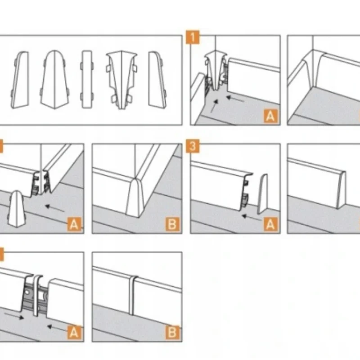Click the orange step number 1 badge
click(193, 37)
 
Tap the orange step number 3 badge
click(193, 146)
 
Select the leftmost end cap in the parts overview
click(20, 80)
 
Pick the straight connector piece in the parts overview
click(87, 80)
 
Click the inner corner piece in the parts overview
click(121, 80)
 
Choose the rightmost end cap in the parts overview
click(157, 80)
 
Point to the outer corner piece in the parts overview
click(54, 80)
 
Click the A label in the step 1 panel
click(270, 116)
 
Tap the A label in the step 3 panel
click(270, 224)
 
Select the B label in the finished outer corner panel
click(172, 224)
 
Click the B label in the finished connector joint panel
click(172, 333)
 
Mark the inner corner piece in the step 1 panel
click(215, 71)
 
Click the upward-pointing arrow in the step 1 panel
click(214, 106)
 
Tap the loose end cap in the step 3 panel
click(262, 194)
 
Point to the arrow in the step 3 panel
click(252, 217)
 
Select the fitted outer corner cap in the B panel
click(135, 197)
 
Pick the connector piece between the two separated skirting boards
click(37, 295)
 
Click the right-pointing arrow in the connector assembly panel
click(14, 315)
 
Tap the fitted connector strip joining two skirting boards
click(132, 296)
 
